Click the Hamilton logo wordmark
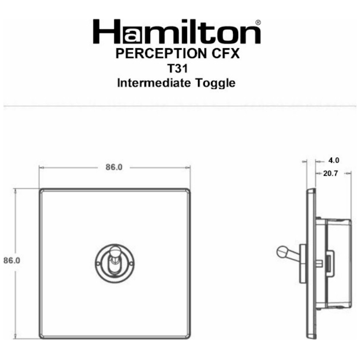coord(177,32)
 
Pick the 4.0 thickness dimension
coord(334,160)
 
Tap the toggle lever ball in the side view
coord(282,252)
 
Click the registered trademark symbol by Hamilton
coord(258,22)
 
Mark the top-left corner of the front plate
coord(41,191)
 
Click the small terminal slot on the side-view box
coord(329,262)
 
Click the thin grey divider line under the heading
coord(180,106)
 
